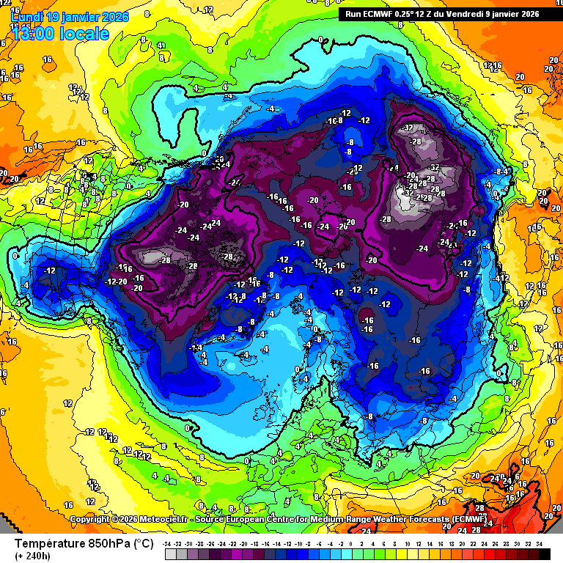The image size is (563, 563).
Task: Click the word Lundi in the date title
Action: tap(28, 16)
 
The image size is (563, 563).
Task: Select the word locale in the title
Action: tap(85, 34)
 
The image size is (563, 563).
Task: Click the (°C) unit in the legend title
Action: tap(143, 545)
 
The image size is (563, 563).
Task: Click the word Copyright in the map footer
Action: tap(89, 519)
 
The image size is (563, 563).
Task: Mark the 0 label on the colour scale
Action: tap(350, 544)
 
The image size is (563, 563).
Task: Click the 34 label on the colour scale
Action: tap(539, 544)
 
